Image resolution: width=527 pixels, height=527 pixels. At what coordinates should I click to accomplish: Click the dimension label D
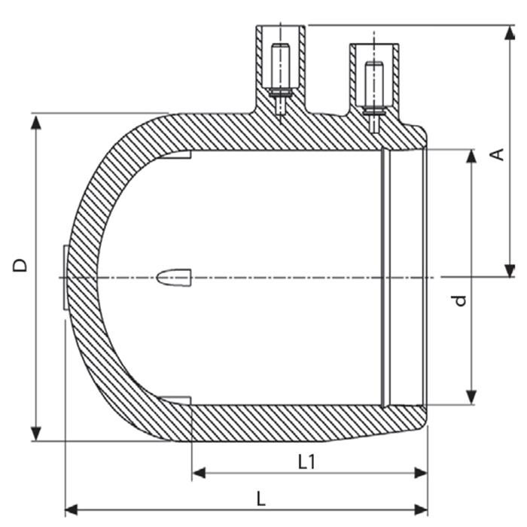pyautogui.click(x=20, y=265)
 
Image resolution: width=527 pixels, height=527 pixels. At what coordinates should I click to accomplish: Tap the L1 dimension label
pyautogui.click(x=306, y=462)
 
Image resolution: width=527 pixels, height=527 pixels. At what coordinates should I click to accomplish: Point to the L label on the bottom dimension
pyautogui.click(x=260, y=498)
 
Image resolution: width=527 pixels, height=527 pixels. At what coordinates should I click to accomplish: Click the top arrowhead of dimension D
pyautogui.click(x=35, y=122)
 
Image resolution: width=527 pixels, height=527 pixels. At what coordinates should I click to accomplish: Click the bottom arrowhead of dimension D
pyautogui.click(x=35, y=434)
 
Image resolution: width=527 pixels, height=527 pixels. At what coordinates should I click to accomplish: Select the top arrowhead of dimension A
pyautogui.click(x=510, y=32)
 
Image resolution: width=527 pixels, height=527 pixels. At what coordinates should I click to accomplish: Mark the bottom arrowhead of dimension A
pyautogui.click(x=510, y=270)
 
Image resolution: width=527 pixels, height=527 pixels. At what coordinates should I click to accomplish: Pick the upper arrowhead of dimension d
pyautogui.click(x=471, y=157)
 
